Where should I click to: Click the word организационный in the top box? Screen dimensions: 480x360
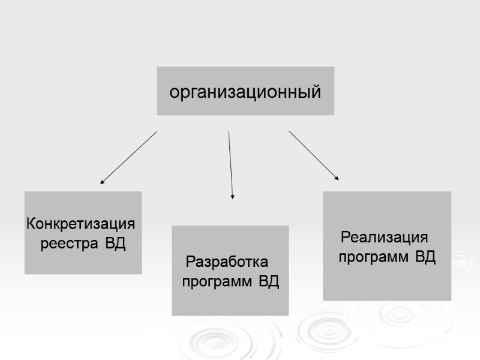(x=245, y=93)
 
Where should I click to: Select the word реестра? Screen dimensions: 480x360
(x=70, y=244)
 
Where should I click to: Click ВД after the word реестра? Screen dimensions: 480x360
(x=116, y=244)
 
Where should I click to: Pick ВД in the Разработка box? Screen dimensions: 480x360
(x=269, y=281)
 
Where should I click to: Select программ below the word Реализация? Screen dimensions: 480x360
(x=373, y=258)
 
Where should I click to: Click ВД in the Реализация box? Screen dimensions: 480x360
(x=425, y=258)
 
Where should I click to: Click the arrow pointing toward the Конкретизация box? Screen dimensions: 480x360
(x=129, y=157)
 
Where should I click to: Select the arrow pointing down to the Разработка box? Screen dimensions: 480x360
(x=230, y=165)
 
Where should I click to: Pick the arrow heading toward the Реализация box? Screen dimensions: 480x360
(x=313, y=155)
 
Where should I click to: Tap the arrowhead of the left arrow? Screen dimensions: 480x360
(x=102, y=181)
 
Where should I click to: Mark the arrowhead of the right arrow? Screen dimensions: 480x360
(x=337, y=178)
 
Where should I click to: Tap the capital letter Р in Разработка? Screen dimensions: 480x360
(x=191, y=262)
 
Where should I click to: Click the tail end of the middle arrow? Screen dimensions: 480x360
(x=229, y=133)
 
